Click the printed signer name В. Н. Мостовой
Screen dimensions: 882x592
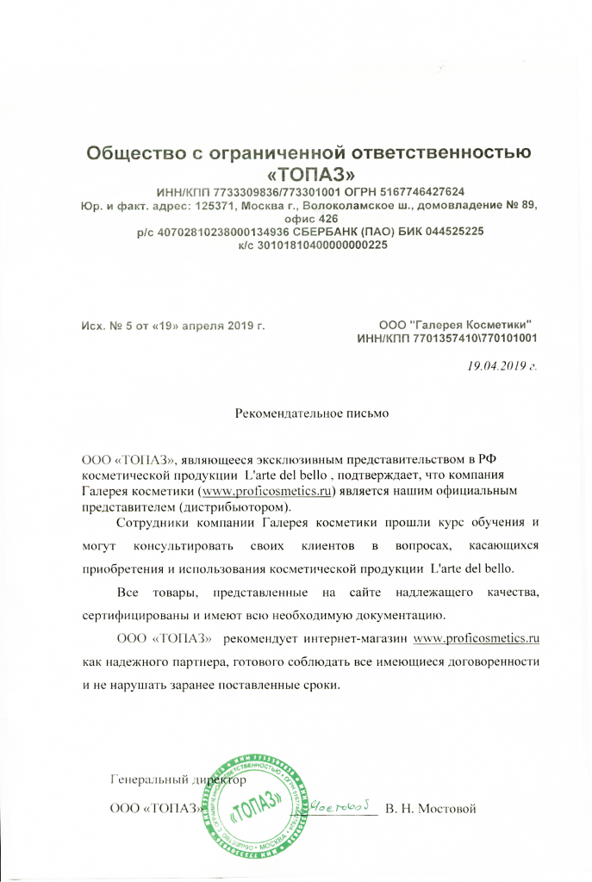pos(431,810)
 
